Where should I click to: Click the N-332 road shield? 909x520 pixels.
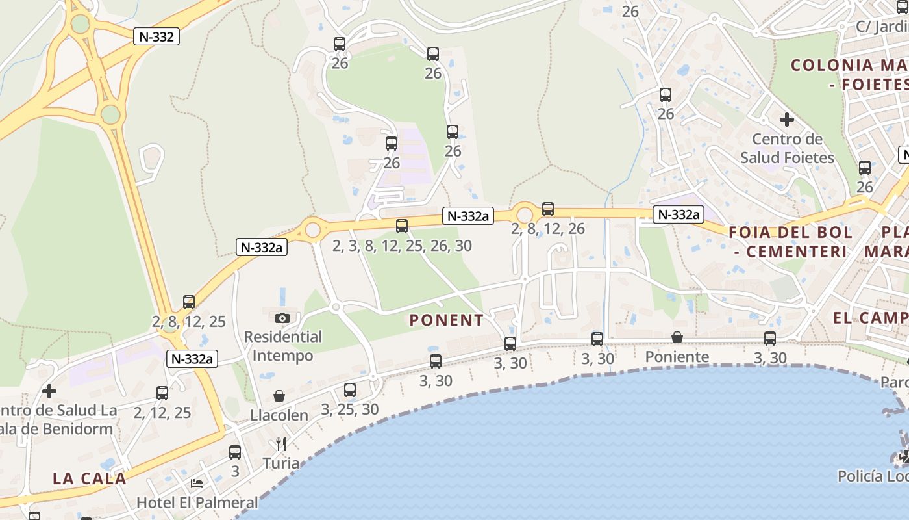156,36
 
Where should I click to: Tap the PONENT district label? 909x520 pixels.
447,320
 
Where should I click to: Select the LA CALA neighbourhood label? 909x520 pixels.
90,478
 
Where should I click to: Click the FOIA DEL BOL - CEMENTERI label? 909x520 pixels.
790,242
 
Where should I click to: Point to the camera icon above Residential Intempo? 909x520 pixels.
282,318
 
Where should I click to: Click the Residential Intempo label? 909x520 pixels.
282,346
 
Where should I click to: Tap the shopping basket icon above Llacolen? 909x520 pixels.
279,396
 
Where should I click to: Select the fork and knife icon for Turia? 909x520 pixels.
281,444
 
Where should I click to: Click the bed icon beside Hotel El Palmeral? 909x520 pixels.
197,484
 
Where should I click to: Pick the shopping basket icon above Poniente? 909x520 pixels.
677,337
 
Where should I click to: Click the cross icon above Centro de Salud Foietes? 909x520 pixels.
787,120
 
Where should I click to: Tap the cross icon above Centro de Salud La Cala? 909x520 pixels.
49,391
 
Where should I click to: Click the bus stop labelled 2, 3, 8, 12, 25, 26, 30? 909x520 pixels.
402,226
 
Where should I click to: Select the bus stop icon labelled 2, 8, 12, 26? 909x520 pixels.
548,209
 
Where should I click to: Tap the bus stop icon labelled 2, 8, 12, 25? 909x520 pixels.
189,302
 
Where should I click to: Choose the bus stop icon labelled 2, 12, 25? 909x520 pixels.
162,393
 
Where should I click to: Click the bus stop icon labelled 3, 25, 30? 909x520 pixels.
350,390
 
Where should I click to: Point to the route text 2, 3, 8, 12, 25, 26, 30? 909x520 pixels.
402,246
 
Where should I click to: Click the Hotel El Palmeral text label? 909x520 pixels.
197,502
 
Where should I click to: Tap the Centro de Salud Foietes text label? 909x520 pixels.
787,148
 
